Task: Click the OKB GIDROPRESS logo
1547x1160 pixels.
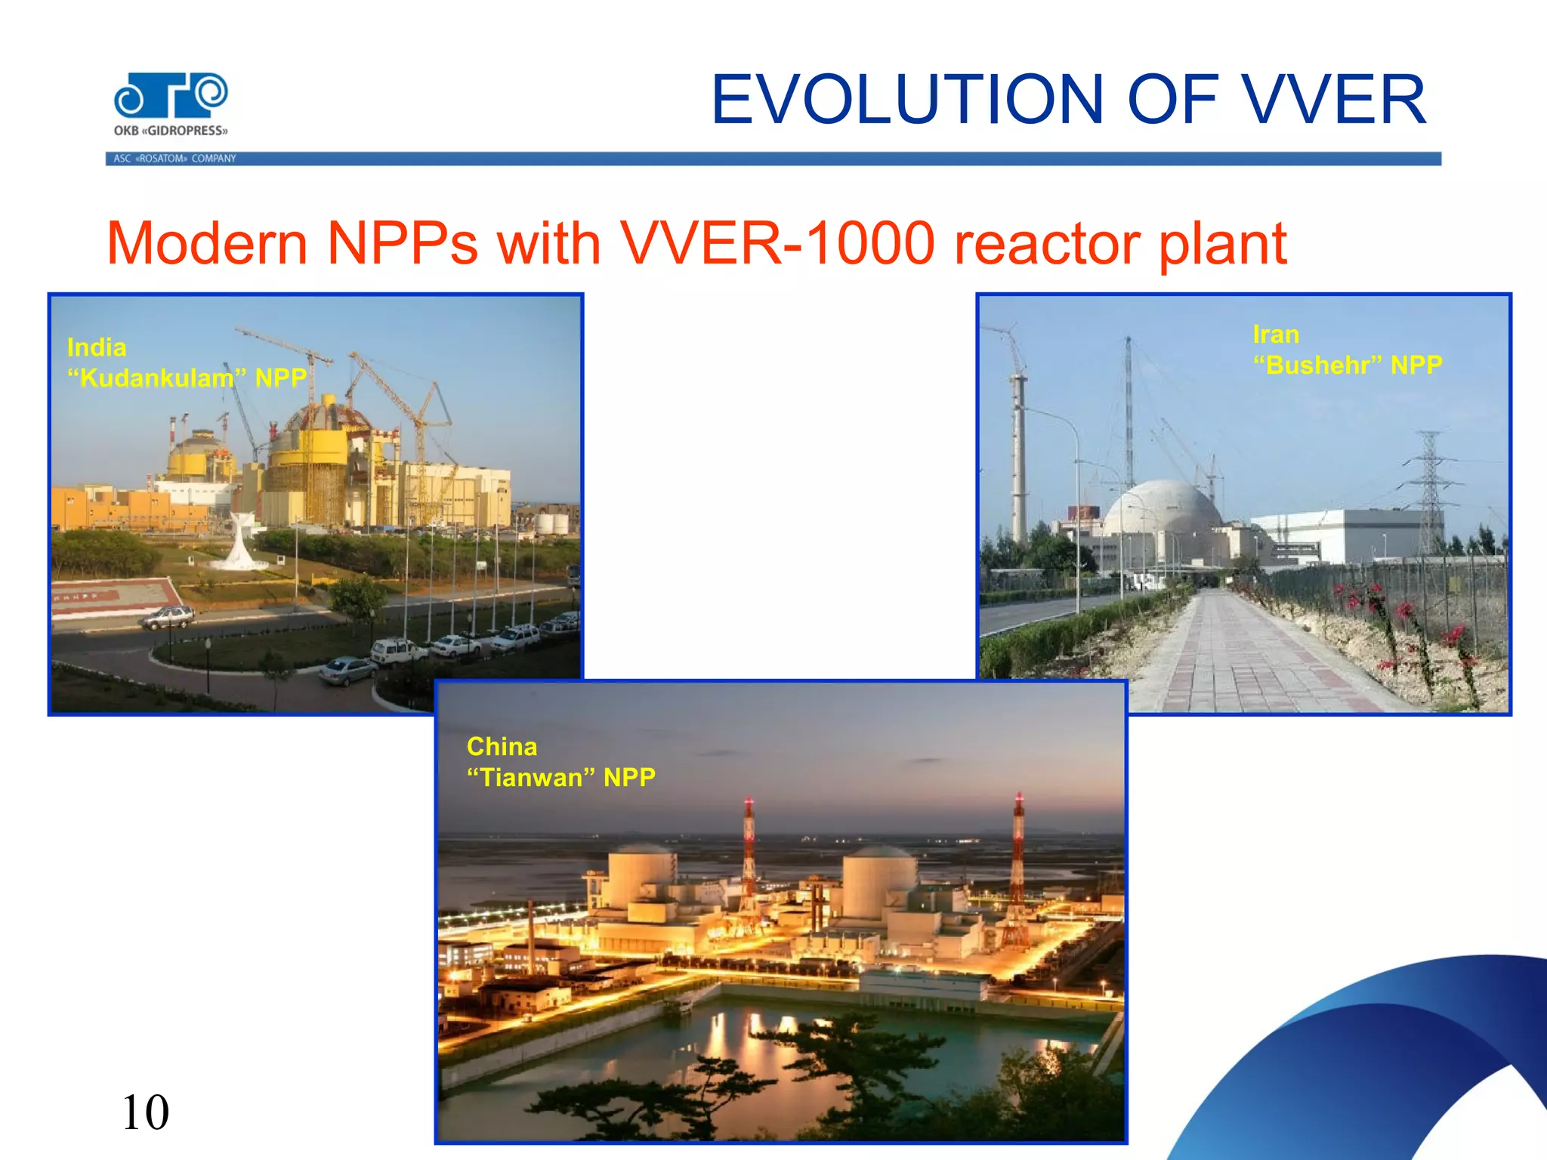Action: [171, 104]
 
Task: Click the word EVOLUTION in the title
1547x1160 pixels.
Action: [907, 100]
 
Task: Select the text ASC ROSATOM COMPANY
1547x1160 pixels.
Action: [174, 159]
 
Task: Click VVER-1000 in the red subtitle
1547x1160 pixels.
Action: [777, 243]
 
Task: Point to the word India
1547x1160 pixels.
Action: [97, 347]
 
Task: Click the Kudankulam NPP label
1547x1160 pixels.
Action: [187, 378]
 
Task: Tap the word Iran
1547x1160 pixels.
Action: [1276, 335]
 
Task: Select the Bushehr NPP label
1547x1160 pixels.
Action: [1347, 366]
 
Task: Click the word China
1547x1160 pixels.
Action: [502, 747]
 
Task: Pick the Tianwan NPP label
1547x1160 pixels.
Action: [560, 777]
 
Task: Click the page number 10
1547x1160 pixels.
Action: [145, 1112]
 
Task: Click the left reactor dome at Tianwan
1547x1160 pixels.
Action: [641, 876]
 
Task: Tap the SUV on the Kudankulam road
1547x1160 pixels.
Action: [167, 617]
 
